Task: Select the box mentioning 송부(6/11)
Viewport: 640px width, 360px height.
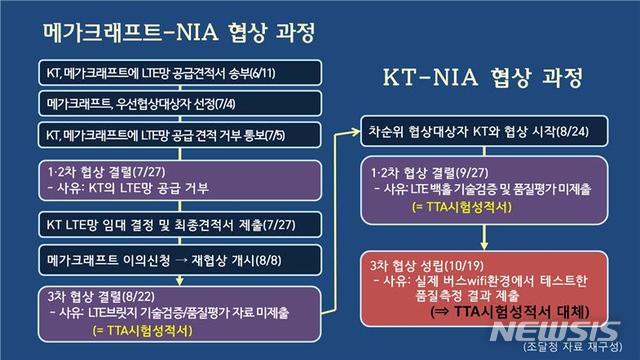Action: click(171, 77)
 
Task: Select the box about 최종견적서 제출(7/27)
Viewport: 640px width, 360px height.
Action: click(171, 221)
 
